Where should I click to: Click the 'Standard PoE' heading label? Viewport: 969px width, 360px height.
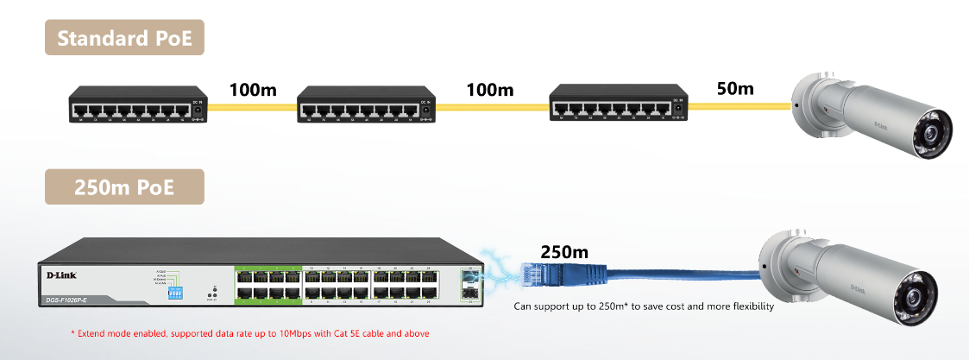(x=124, y=38)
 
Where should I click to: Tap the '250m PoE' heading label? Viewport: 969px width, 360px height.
(x=124, y=186)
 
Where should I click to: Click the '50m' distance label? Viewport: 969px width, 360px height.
(x=735, y=88)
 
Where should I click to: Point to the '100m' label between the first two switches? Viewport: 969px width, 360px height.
(x=252, y=89)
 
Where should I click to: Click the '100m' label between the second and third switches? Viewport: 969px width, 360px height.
(x=489, y=89)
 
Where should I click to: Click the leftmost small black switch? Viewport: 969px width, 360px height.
(x=138, y=106)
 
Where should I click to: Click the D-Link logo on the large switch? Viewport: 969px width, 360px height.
(x=58, y=275)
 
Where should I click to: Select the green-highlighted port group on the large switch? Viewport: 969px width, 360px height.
(x=267, y=284)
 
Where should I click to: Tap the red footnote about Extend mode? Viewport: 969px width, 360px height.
(x=249, y=332)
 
